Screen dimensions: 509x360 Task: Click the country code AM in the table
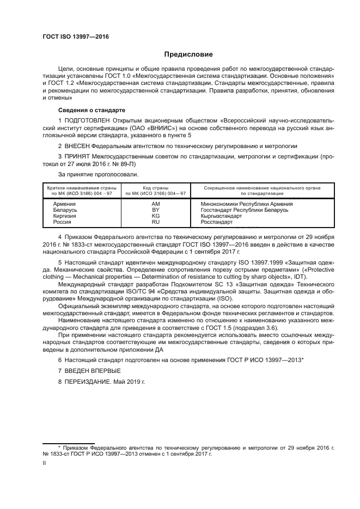click(155, 204)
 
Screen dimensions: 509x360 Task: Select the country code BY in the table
click(155, 210)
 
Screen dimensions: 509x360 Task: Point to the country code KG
click(155, 216)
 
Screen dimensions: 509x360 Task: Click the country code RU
click(155, 222)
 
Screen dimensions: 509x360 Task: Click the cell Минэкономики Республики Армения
click(239, 204)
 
